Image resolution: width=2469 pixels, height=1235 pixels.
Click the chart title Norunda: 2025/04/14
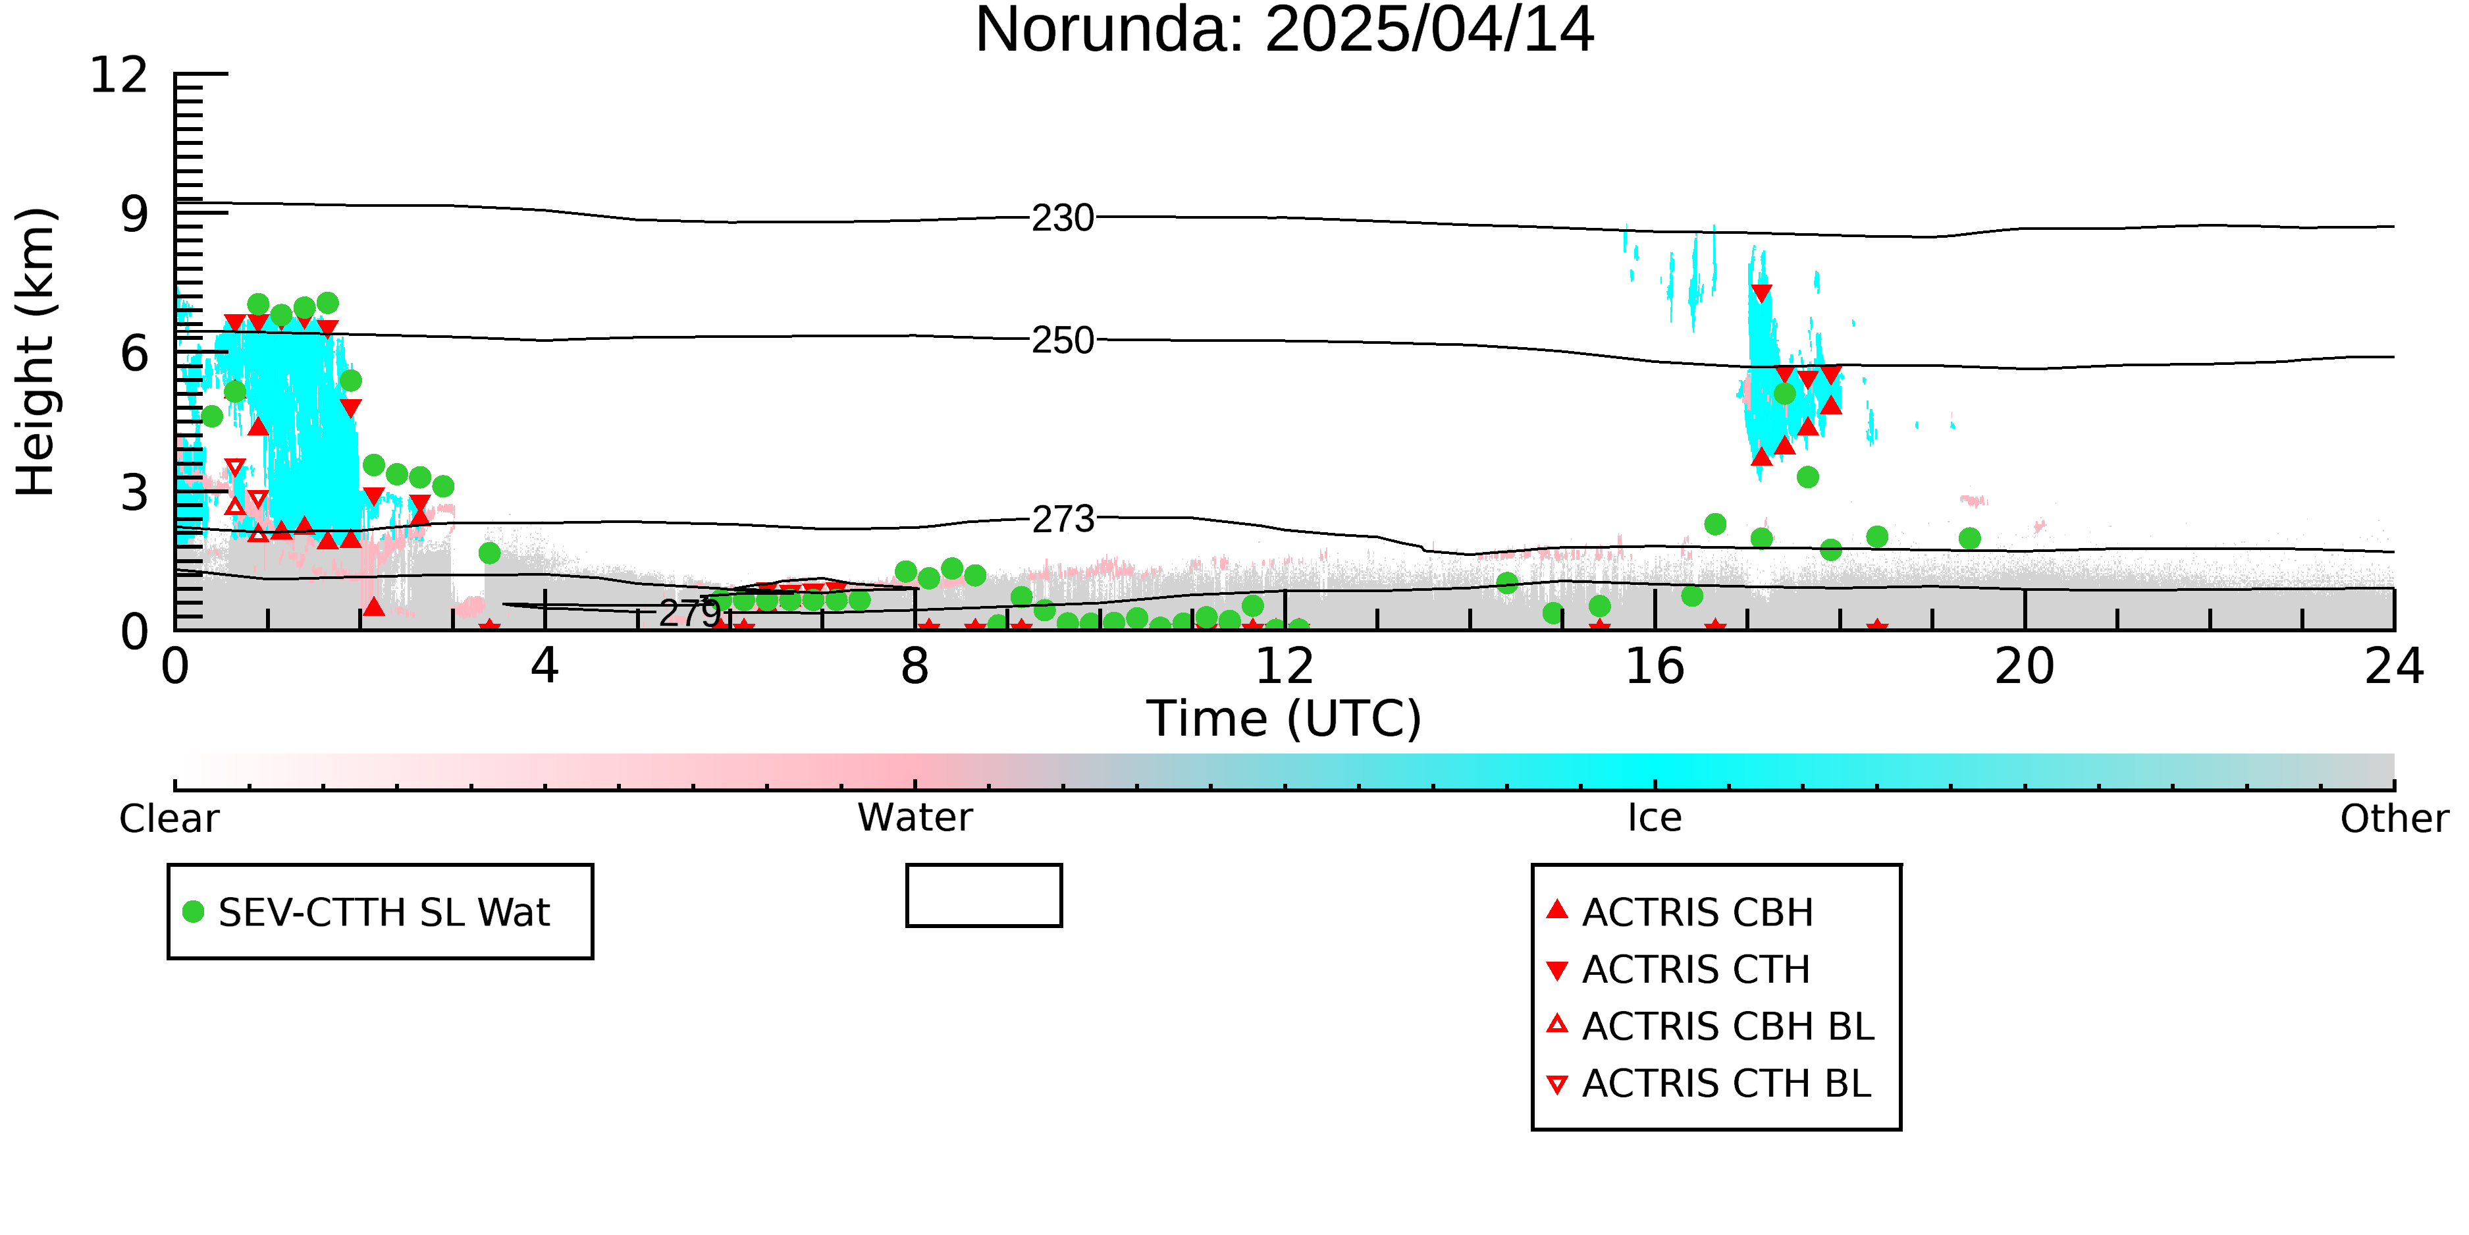[1285, 31]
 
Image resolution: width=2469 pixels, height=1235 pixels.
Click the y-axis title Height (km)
[36, 352]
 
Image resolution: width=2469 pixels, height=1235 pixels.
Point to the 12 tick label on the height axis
[119, 75]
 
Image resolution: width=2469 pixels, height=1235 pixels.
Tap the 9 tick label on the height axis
[134, 214]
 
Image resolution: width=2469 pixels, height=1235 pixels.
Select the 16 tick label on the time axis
[1655, 667]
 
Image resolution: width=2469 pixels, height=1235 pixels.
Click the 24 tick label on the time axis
[2394, 667]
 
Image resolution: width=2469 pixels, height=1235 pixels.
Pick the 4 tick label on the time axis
[544, 667]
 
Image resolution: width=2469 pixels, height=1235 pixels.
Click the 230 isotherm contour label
[1063, 219]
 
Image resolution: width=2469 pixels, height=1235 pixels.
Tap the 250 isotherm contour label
[1063, 341]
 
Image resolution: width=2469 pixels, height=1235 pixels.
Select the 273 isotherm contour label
[1063, 520]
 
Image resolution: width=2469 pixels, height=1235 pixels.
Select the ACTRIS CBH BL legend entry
[1710, 1026]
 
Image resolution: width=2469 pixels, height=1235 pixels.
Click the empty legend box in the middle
[984, 867]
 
